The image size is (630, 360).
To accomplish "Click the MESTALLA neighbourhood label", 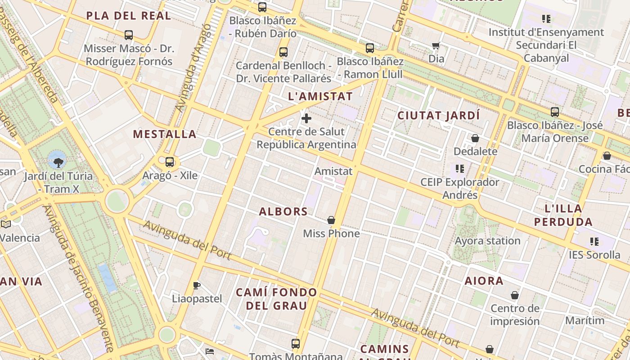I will (165, 134).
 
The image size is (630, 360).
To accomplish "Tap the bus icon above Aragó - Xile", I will (170, 162).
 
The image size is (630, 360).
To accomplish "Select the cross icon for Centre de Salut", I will (306, 118).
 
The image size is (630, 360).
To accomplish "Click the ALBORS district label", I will (283, 211).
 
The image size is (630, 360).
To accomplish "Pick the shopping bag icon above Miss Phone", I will (331, 220).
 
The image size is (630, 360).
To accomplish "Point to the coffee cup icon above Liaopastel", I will (196, 285).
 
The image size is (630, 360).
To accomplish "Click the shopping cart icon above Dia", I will (436, 45).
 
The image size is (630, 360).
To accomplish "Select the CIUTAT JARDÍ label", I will (439, 116).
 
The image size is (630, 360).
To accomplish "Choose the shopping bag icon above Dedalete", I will (475, 138).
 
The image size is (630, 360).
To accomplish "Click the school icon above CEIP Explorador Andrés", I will (459, 169).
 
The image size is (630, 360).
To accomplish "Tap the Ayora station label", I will (487, 241).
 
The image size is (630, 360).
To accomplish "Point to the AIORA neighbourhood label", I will (484, 281).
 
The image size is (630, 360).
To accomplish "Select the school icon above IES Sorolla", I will (594, 242).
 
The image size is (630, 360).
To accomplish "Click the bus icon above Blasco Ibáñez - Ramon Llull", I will (370, 48).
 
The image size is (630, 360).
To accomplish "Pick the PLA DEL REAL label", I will (129, 16).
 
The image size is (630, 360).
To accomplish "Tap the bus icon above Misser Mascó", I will (129, 35).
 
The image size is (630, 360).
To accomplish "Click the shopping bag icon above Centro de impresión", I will (515, 296).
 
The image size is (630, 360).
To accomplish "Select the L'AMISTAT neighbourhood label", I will (320, 96).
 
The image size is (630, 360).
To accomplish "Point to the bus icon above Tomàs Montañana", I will (296, 344).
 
